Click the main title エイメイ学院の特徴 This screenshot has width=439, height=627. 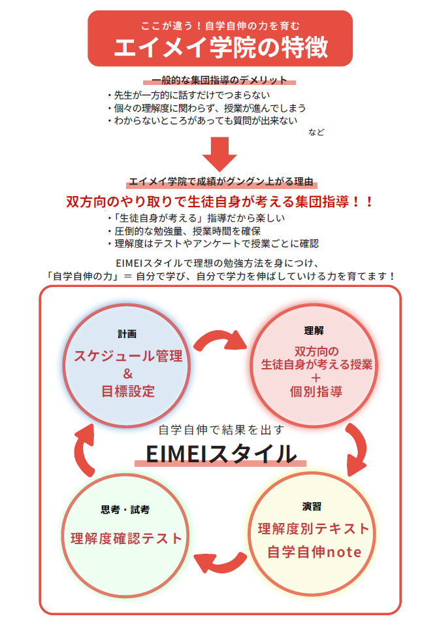(x=220, y=47)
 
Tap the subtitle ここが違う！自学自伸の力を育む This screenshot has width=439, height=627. (x=220, y=26)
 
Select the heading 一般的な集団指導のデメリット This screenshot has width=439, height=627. (x=219, y=80)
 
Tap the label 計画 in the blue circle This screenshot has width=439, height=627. (x=127, y=333)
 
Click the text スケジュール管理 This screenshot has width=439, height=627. (x=128, y=356)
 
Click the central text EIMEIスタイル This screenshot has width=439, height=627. (x=220, y=453)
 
